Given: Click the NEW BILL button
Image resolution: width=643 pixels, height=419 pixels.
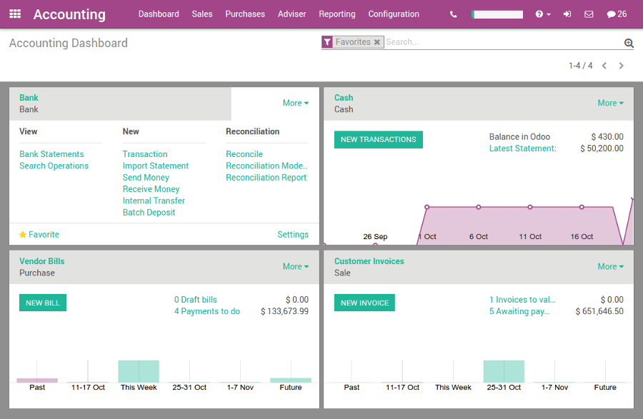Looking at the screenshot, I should click(x=43, y=303).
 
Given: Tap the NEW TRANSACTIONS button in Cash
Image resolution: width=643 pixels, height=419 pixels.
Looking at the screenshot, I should click(x=378, y=139).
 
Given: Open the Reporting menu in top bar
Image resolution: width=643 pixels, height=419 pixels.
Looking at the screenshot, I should click(x=337, y=14).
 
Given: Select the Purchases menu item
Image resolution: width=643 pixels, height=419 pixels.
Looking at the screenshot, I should click(x=245, y=14).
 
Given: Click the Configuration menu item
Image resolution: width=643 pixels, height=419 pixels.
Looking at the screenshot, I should click(x=394, y=14).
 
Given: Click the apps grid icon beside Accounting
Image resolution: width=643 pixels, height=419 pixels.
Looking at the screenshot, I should click(x=15, y=14).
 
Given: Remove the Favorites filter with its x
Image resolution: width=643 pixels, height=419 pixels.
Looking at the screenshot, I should click(x=377, y=42).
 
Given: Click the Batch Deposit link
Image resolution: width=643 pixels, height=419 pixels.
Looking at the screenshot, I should click(x=149, y=213).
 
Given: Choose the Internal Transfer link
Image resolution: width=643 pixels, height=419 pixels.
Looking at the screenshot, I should click(x=154, y=201).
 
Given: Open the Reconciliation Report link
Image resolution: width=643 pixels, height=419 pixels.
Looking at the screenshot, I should click(x=266, y=178).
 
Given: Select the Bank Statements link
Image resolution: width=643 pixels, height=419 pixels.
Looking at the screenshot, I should click(x=51, y=154).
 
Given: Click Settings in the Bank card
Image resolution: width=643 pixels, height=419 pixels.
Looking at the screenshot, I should click(x=293, y=235).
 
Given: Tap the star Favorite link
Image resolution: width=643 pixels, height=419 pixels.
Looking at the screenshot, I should click(x=39, y=235).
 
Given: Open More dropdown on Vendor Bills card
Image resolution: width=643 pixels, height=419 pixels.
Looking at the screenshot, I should click(x=296, y=266).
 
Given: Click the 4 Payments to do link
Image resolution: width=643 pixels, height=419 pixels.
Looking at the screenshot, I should click(x=207, y=311).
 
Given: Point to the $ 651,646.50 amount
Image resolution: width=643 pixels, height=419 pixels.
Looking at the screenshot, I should click(x=599, y=311).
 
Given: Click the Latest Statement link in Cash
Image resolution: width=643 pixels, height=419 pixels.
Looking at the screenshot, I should click(x=522, y=148).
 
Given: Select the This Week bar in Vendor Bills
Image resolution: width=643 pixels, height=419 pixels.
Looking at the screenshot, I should click(x=139, y=371).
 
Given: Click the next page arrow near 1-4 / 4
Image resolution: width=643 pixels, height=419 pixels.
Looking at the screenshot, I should click(x=622, y=66).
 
